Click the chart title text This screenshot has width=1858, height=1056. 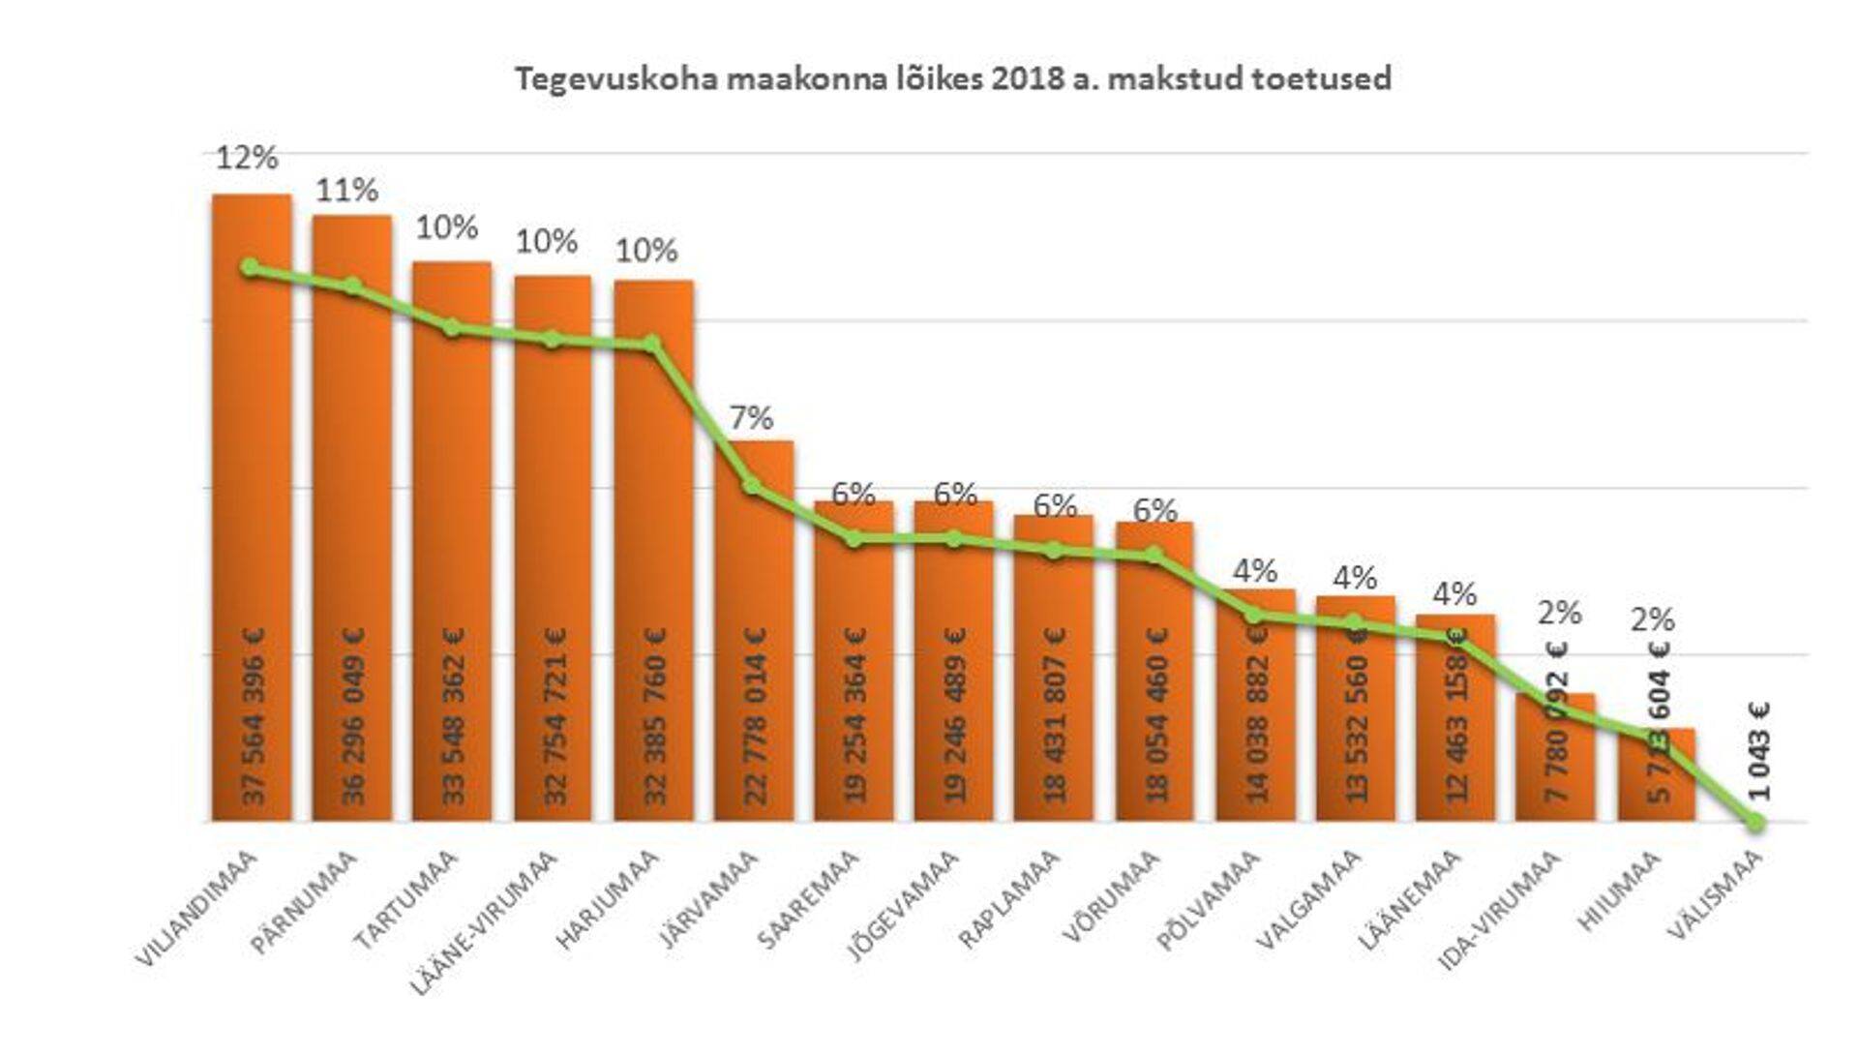click(x=952, y=78)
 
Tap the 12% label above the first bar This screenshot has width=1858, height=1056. click(x=246, y=158)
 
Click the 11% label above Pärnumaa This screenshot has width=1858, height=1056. click(x=346, y=191)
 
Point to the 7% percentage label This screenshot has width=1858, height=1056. click(x=751, y=418)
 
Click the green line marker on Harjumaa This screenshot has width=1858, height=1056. click(x=652, y=344)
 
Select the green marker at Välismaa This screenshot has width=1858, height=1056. click(x=1755, y=823)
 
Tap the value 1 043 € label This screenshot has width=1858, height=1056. click(x=1759, y=751)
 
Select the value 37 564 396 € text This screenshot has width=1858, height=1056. click(x=254, y=716)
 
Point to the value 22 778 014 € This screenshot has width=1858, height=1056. click(x=755, y=716)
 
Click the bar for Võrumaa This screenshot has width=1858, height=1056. click(x=1154, y=678)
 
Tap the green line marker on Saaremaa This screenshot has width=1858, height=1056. click(x=854, y=539)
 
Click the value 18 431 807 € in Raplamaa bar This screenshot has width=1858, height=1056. click(x=1055, y=716)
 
